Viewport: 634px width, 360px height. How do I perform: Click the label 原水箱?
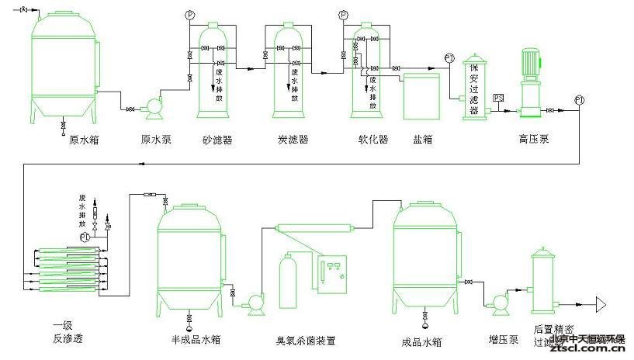84,140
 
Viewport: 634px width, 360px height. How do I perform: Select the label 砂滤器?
217,140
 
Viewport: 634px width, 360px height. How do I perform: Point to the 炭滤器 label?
293,140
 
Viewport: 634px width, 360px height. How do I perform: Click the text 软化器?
372,140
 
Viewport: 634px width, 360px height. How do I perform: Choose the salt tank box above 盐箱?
421,97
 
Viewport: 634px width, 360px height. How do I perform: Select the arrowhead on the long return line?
141,164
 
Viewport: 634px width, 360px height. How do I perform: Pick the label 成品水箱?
422,341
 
